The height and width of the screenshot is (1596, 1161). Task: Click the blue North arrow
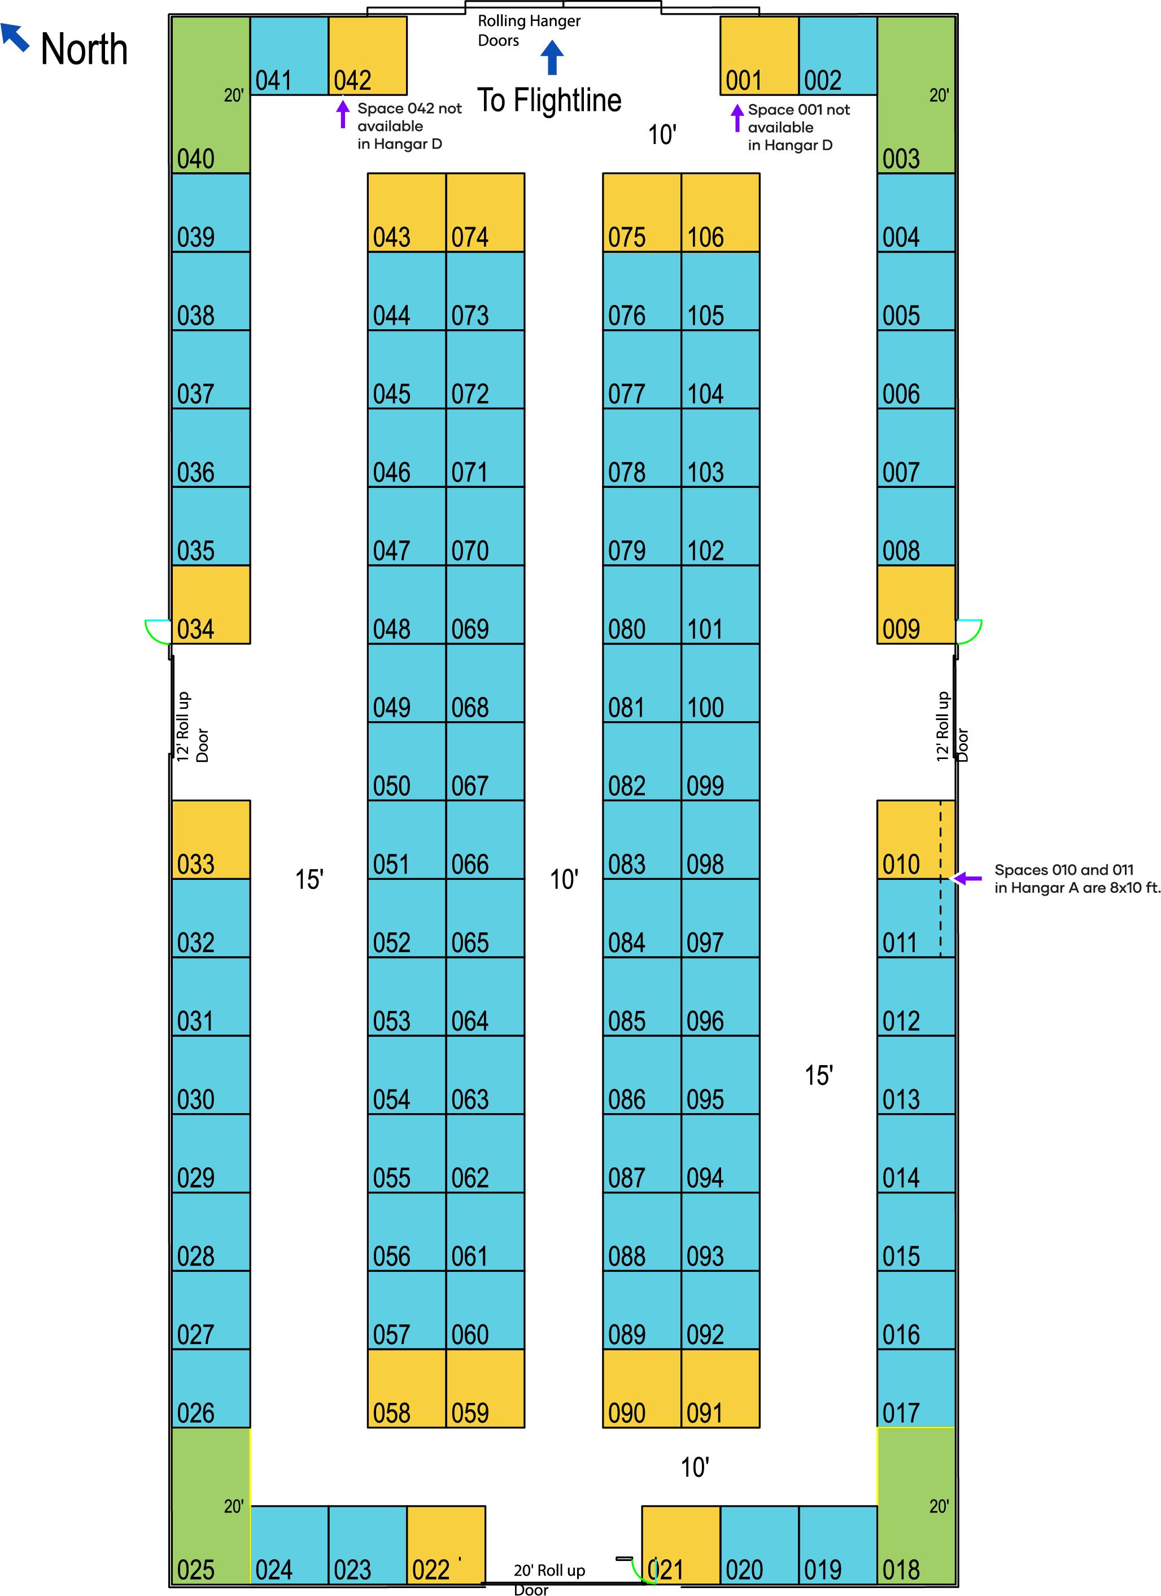point(14,37)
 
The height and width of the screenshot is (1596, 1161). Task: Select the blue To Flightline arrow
point(552,57)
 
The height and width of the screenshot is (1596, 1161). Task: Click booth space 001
point(759,56)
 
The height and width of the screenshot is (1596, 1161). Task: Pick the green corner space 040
point(211,95)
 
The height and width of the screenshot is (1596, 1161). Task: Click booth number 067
point(486,761)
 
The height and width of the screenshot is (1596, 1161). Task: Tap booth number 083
point(641,840)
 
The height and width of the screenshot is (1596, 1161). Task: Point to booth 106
point(721,212)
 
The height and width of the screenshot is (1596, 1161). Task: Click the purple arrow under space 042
point(343,114)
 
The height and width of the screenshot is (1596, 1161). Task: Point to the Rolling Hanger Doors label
point(529,31)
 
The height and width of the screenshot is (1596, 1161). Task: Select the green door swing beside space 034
point(157,631)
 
